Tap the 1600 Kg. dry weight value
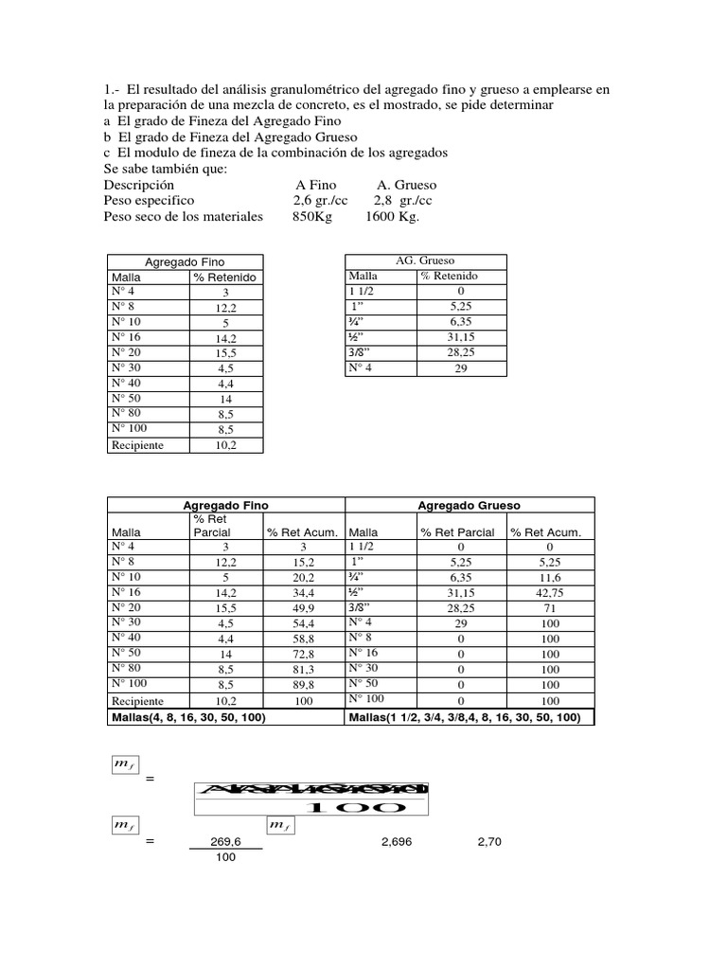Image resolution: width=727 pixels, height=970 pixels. click(x=392, y=217)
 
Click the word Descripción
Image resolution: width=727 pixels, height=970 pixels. click(x=139, y=185)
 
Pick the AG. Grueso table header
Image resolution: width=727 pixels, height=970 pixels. click(x=424, y=261)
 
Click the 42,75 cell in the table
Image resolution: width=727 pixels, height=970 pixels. click(x=550, y=593)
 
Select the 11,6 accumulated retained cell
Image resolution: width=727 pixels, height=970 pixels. click(x=550, y=578)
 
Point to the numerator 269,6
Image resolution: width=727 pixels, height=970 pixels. click(x=224, y=841)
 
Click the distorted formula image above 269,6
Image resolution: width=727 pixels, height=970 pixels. click(x=311, y=799)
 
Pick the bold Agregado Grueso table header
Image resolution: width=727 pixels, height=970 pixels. click(x=470, y=506)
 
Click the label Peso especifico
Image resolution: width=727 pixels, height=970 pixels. click(x=149, y=201)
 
